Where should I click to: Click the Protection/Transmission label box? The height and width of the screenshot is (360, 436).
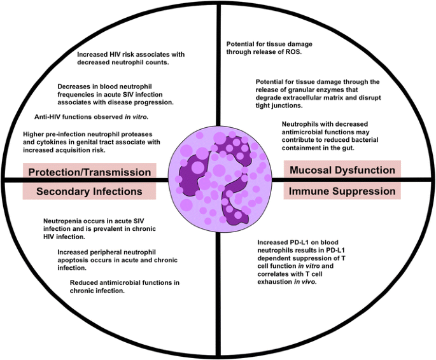(x=88, y=172)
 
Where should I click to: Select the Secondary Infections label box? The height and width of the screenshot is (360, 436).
(x=88, y=190)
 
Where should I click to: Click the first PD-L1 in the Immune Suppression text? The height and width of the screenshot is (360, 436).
(x=301, y=242)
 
